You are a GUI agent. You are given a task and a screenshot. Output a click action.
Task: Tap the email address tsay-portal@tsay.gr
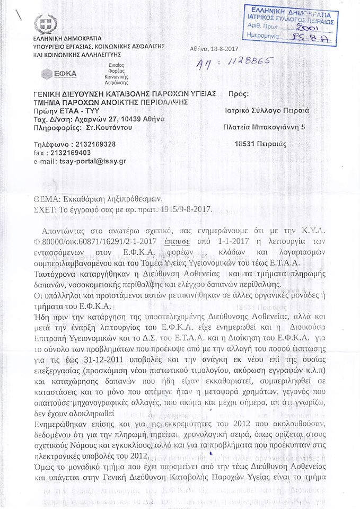coord(90,161)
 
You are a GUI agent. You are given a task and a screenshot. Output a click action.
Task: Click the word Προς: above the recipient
coord(238,94)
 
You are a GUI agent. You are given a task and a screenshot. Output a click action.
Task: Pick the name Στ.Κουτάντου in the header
coord(108,127)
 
